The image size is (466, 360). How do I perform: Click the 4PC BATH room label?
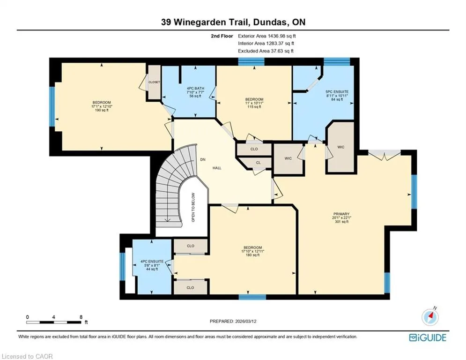click(195, 89)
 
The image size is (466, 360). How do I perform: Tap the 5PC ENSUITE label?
click(337, 92)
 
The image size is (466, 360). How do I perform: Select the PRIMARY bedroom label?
click(341, 214)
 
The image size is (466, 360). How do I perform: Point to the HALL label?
click(217, 168)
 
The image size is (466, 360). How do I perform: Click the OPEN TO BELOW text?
click(193, 207)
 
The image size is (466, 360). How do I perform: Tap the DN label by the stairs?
click(203, 160)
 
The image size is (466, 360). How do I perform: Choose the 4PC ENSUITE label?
click(152, 262)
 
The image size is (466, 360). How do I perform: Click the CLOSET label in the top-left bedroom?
click(154, 82)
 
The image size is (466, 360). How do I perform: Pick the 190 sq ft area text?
click(102, 110)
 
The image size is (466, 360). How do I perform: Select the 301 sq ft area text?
click(341, 221)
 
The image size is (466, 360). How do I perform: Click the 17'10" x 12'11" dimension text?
click(252, 251)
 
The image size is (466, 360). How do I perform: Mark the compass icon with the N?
click(430, 317)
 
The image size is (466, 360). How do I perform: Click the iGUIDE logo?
click(428, 337)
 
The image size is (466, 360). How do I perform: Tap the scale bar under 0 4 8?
click(53, 322)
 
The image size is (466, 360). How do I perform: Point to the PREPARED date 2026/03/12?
click(233, 321)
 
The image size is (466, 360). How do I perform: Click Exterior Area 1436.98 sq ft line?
click(267, 36)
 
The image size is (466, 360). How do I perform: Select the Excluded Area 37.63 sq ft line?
click(266, 51)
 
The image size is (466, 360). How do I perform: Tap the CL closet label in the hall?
click(258, 163)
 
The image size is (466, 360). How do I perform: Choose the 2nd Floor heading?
click(222, 36)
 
